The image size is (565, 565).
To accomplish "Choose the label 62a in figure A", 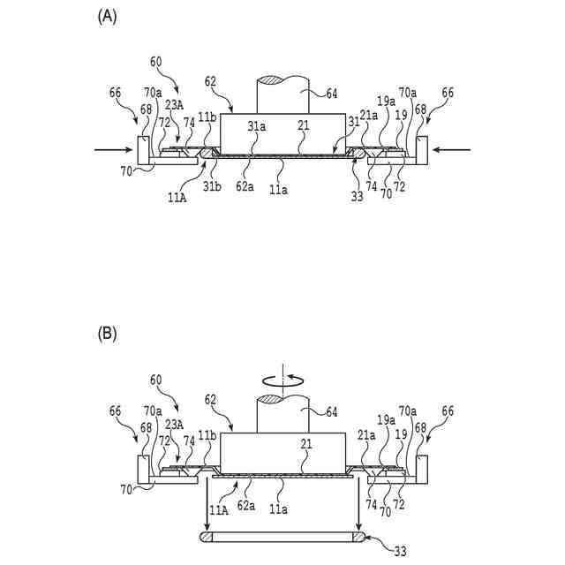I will point(247,186).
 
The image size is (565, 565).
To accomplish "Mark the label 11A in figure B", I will point(217,509).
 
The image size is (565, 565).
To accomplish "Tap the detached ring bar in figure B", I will point(282,535).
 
